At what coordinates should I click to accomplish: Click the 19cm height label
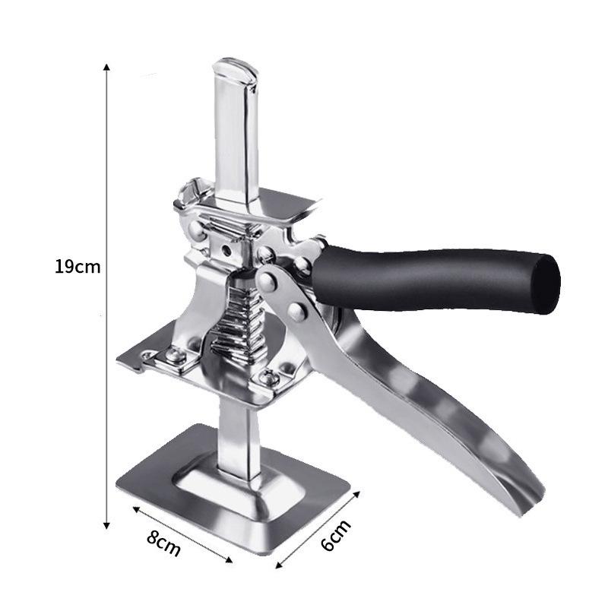click(x=77, y=267)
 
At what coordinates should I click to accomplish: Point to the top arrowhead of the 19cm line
click(x=107, y=68)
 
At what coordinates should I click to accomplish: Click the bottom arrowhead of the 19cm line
click(x=107, y=524)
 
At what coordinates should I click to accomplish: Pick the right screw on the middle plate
click(x=267, y=377)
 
